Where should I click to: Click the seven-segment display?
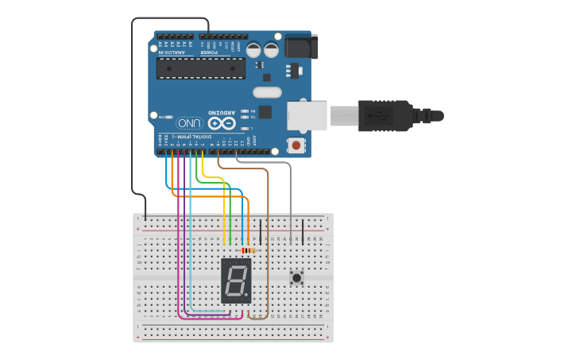pyautogui.click(x=236, y=280)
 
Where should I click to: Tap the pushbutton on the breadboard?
pyautogui.click(x=297, y=277)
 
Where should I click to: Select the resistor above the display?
pyautogui.click(x=248, y=250)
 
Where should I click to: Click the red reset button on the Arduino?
pyautogui.click(x=296, y=145)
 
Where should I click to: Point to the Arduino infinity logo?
pyautogui.click(x=222, y=123)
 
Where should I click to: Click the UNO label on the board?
pyautogui.click(x=189, y=123)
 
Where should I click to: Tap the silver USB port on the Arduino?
pyautogui.click(x=307, y=115)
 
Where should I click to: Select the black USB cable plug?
pyautogui.click(x=385, y=115)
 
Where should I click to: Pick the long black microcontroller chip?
pyautogui.click(x=200, y=68)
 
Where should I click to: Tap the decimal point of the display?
pyautogui.click(x=248, y=297)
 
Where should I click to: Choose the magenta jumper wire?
pyautogui.click(x=179, y=238)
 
